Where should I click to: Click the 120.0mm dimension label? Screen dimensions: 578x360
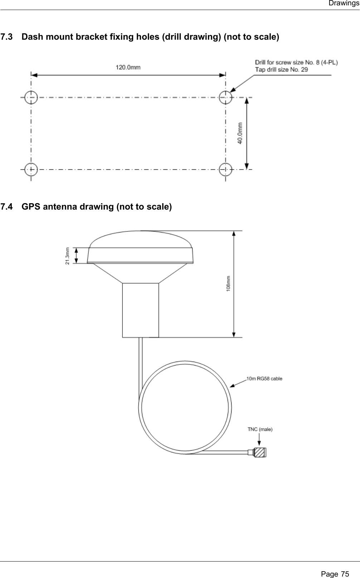(x=128, y=67)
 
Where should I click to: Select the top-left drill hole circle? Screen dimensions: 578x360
(x=31, y=97)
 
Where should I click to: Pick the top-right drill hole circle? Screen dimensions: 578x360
(x=225, y=97)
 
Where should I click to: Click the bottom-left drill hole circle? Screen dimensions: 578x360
(x=31, y=169)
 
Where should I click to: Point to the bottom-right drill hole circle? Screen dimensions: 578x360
(x=225, y=169)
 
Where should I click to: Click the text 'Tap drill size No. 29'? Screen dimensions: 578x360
(x=281, y=69)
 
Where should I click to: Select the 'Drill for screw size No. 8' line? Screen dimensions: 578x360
(x=297, y=62)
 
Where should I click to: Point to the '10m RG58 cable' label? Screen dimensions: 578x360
(x=264, y=378)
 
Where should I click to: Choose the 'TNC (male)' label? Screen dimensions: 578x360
(x=260, y=429)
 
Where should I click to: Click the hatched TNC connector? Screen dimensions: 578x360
(x=260, y=452)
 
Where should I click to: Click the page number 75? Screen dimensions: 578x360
(x=345, y=571)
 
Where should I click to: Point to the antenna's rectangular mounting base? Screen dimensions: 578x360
(x=140, y=310)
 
